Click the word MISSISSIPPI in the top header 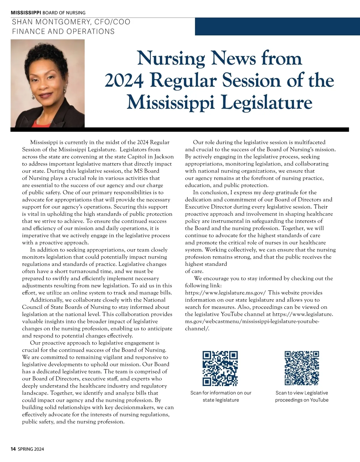[x=26, y=13]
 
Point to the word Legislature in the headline [x=267, y=102]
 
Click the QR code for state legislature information [x=220, y=368]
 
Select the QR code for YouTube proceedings [x=301, y=368]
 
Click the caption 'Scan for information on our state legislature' [x=221, y=396]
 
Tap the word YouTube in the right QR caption [x=319, y=400]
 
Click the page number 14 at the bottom [x=13, y=449]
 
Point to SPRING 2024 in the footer [x=31, y=449]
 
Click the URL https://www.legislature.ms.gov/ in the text [x=225, y=293]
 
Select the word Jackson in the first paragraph [x=164, y=157]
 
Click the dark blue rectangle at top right [x=277, y=26]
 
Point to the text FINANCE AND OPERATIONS [x=63, y=31]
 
